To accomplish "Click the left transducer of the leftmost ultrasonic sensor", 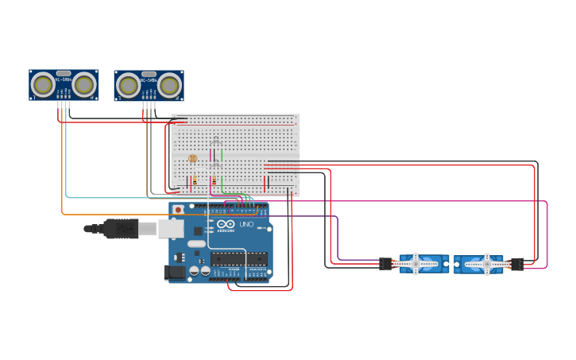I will (43, 83).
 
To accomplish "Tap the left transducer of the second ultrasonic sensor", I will (128, 84).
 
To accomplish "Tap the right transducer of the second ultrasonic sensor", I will (169, 84).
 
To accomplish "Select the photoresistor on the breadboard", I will (192, 159).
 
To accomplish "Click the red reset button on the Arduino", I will (178, 210).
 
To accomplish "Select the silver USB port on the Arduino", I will (171, 229).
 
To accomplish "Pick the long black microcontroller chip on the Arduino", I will (238, 259).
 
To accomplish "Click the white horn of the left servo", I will (415, 264).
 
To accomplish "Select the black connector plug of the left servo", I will (386, 264).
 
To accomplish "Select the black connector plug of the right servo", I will (516, 264).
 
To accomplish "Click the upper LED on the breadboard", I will (215, 141).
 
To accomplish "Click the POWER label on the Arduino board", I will (234, 269).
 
